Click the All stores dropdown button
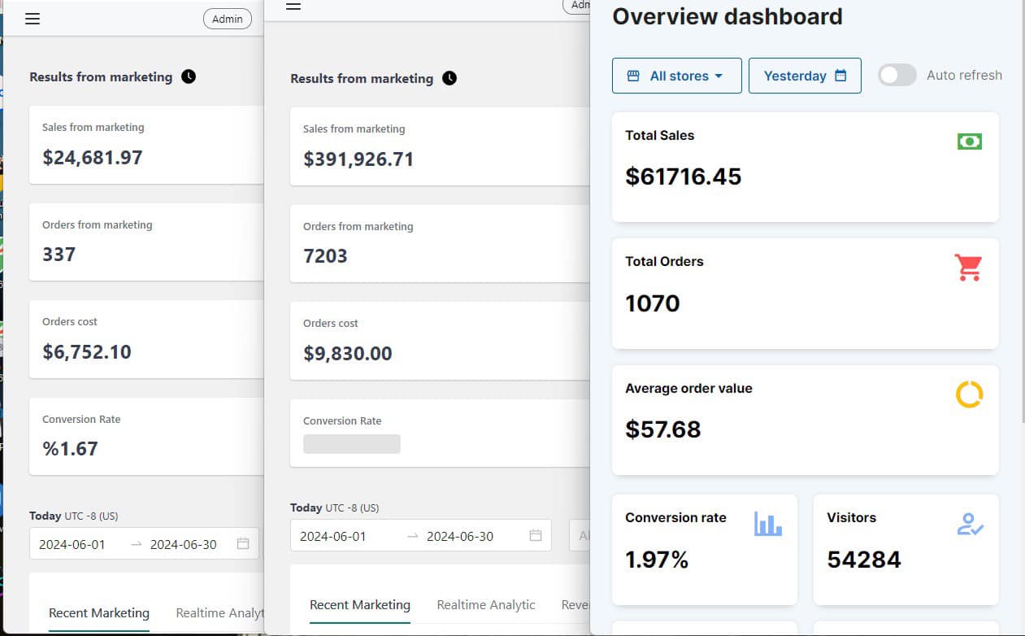(x=676, y=76)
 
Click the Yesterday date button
(x=804, y=76)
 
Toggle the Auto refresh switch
(x=897, y=76)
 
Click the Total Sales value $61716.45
(x=683, y=176)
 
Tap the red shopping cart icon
(x=968, y=268)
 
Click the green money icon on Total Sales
(x=969, y=142)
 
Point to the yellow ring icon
(x=969, y=394)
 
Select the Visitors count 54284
(x=863, y=560)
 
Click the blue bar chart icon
(x=767, y=524)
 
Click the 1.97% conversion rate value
(x=657, y=560)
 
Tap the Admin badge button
(x=227, y=19)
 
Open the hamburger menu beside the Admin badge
(x=33, y=19)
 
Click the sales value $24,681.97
(x=93, y=158)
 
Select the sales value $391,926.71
(x=358, y=159)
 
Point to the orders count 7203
(x=325, y=256)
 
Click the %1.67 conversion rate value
(x=70, y=449)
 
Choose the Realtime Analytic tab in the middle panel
(x=485, y=604)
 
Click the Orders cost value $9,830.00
(x=348, y=354)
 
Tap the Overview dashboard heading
(x=727, y=16)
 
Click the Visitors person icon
(x=970, y=524)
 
